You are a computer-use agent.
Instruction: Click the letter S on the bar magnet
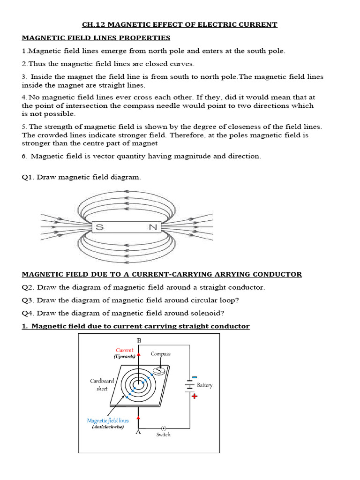pyautogui.click(x=99, y=227)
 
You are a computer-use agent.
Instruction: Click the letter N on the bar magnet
pyautogui.click(x=152, y=227)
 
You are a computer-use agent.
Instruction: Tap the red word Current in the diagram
pyautogui.click(x=125, y=350)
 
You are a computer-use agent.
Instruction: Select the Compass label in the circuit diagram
pyautogui.click(x=160, y=354)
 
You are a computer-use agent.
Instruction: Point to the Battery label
pyautogui.click(x=204, y=385)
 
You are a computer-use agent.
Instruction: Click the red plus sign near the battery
pyautogui.click(x=194, y=396)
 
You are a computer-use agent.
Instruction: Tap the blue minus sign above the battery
pyautogui.click(x=194, y=377)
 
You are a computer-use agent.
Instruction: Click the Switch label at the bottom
pyautogui.click(x=163, y=435)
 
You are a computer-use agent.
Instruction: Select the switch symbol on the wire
pyautogui.click(x=163, y=428)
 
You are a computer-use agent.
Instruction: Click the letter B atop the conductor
pyautogui.click(x=139, y=340)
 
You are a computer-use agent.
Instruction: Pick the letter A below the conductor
pyautogui.click(x=138, y=432)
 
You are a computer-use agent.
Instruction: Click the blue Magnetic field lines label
pyautogui.click(x=108, y=420)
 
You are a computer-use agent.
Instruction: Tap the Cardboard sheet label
pyautogui.click(x=102, y=385)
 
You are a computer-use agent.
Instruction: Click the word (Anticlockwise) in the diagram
pyautogui.click(x=108, y=427)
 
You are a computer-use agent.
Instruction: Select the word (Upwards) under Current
pyautogui.click(x=124, y=356)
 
